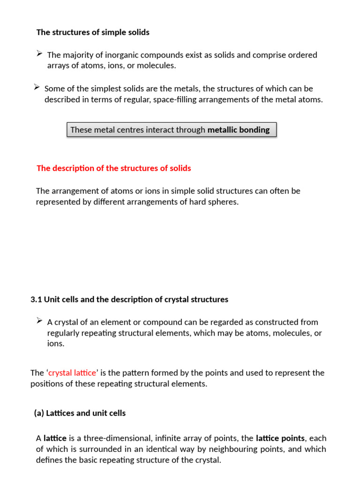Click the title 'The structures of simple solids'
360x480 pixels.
pos(93,32)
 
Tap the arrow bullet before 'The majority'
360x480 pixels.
pos(40,54)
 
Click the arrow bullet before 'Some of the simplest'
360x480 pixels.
pos(37,88)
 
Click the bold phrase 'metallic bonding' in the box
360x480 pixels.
pos(239,130)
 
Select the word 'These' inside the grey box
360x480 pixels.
pos(81,130)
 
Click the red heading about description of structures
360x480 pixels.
pos(113,168)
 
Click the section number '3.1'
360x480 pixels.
pos(36,300)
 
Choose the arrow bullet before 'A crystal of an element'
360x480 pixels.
pos(40,322)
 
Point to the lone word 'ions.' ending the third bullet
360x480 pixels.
pos(56,344)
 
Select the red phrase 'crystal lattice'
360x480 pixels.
pos(73,373)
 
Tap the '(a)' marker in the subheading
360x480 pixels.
pos(39,413)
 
